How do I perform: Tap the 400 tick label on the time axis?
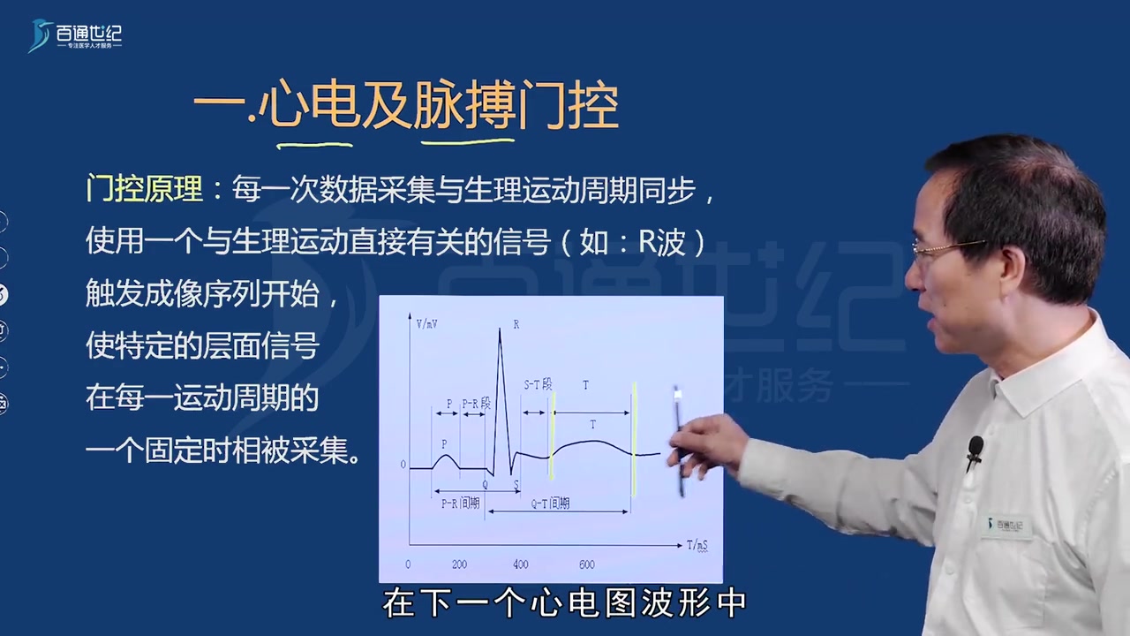click(520, 564)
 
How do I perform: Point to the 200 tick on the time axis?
click(459, 564)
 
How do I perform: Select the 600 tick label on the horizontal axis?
click(587, 564)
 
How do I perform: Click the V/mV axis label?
click(427, 324)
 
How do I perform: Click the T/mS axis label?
click(697, 546)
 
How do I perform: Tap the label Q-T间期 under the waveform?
click(550, 503)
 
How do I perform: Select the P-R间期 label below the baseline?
click(460, 503)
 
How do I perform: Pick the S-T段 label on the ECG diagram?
click(538, 385)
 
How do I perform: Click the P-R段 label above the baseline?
click(476, 404)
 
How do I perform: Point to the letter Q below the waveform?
click(485, 484)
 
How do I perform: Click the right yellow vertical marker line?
click(634, 438)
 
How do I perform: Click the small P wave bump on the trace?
click(447, 458)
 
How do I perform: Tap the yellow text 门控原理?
click(144, 189)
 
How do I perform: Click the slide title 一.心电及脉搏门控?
click(405, 109)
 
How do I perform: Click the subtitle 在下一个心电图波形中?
click(564, 603)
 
